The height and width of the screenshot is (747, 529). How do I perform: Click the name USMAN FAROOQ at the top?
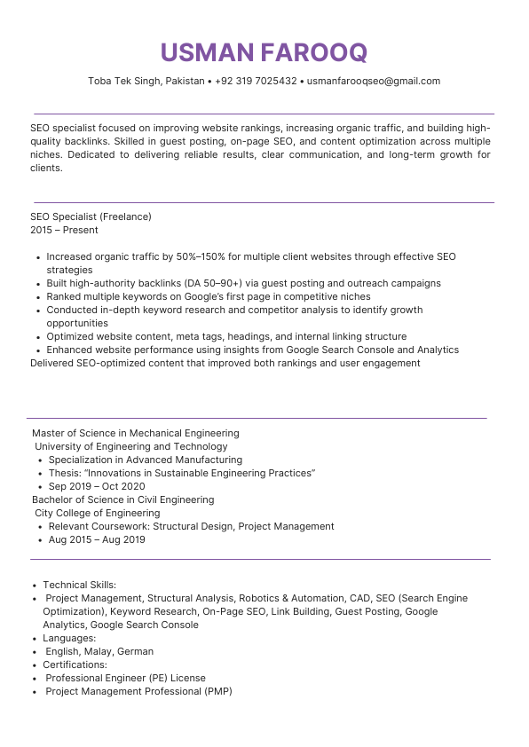click(264, 52)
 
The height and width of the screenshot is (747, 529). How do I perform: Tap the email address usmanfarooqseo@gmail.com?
click(373, 81)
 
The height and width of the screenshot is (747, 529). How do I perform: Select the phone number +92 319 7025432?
click(256, 81)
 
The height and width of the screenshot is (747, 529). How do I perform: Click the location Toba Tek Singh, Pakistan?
click(146, 81)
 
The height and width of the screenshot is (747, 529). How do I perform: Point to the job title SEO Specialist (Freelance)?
click(91, 216)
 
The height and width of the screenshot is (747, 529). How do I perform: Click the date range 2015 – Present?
click(64, 230)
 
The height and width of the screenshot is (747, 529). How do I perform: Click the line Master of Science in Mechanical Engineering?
click(135, 433)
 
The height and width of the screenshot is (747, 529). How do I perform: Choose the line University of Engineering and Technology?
click(130, 446)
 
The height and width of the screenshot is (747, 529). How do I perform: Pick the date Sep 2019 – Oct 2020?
click(96, 486)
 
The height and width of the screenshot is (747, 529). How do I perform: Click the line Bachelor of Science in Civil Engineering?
click(122, 499)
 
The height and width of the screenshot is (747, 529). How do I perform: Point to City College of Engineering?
click(97, 513)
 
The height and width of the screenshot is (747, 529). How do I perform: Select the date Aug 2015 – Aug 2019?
click(97, 539)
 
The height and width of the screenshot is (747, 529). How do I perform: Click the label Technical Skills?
click(80, 585)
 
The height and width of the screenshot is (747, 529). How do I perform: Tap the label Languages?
click(69, 638)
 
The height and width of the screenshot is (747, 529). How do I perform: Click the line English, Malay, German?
click(99, 651)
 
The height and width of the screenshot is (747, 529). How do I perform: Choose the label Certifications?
click(75, 664)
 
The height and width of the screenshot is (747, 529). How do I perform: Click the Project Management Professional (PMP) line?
click(138, 691)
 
